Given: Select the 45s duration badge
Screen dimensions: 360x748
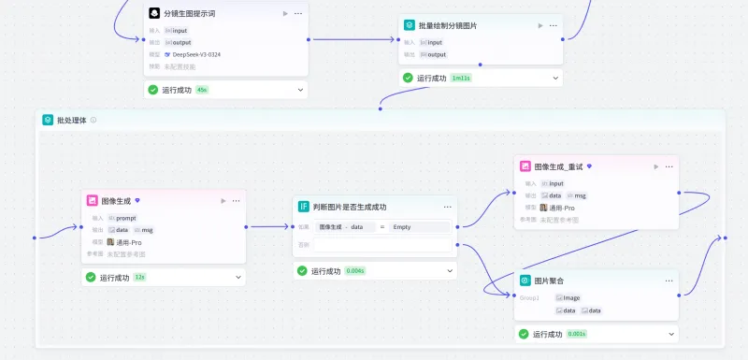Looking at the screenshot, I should pos(202,90).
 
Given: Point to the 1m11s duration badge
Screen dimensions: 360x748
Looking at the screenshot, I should pos(461,78).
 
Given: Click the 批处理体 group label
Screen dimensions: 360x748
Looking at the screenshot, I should pos(71,120).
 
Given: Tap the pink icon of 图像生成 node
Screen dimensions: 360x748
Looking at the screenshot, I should pos(92,200).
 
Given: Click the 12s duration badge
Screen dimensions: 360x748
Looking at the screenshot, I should pos(139,277).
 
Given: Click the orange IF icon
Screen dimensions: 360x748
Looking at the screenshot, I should pos(303,207).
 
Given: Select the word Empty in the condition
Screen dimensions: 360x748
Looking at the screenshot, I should pos(402,227).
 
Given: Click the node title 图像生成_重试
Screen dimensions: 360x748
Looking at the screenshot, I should pos(557,166).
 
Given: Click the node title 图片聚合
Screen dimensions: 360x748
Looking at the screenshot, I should pos(549,281).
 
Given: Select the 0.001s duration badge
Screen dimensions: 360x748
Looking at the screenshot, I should pos(576,334).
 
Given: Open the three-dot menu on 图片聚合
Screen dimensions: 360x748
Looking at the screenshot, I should pos(668,281).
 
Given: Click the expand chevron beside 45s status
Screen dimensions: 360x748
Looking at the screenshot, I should pos(301,90).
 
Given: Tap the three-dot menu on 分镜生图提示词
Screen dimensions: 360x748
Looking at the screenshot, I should pos(298,14).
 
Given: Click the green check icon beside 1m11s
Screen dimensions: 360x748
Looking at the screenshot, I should pos(408,78).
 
